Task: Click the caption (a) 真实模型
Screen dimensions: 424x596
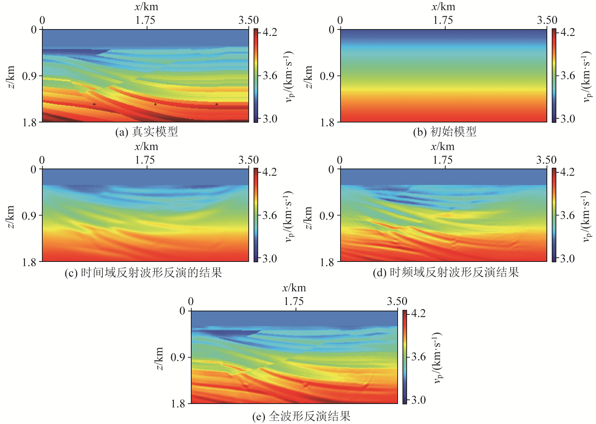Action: (x=147, y=132)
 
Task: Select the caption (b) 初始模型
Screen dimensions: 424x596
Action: (x=444, y=132)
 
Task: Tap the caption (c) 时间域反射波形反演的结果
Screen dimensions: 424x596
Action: (x=143, y=272)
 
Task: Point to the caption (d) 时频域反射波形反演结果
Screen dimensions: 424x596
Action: (x=446, y=272)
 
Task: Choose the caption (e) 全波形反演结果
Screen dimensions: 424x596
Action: (x=301, y=416)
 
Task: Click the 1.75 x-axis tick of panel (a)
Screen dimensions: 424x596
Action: (x=146, y=20)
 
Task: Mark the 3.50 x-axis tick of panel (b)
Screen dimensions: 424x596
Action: (x=547, y=20)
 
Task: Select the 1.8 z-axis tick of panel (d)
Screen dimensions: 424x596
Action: (x=327, y=262)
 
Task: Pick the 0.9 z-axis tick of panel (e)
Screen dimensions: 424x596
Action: (x=178, y=357)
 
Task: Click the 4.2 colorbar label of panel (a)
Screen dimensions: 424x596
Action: (x=270, y=32)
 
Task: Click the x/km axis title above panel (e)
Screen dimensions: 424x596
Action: (x=294, y=288)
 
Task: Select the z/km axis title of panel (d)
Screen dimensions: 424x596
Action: (x=308, y=218)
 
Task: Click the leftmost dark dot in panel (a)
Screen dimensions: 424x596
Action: (x=94, y=104)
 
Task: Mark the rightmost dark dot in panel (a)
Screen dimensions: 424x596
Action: (x=217, y=104)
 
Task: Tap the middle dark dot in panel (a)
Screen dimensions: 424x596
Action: (x=155, y=104)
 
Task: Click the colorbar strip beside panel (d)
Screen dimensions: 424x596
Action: (x=554, y=215)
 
